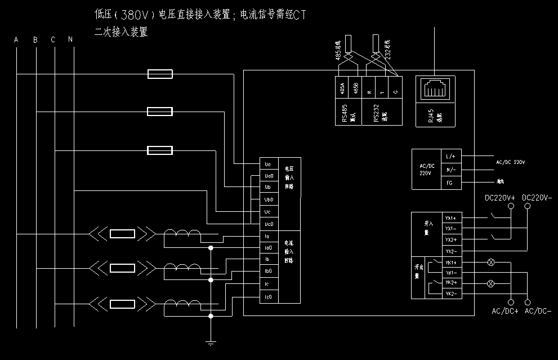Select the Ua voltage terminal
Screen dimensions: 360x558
[268, 165]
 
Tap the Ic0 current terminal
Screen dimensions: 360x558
[268, 297]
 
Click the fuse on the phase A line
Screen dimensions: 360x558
[159, 74]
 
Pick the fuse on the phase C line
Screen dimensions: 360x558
[159, 150]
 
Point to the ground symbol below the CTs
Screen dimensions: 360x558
[211, 342]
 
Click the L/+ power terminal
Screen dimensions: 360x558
[450, 156]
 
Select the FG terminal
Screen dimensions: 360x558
[450, 183]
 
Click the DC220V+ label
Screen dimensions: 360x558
[500, 197]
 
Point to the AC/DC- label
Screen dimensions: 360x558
[537, 311]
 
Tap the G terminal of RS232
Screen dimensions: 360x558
[396, 91]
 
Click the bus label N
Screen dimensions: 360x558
[70, 39]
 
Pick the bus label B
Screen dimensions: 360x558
[35, 39]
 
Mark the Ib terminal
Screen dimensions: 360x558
[268, 259]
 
